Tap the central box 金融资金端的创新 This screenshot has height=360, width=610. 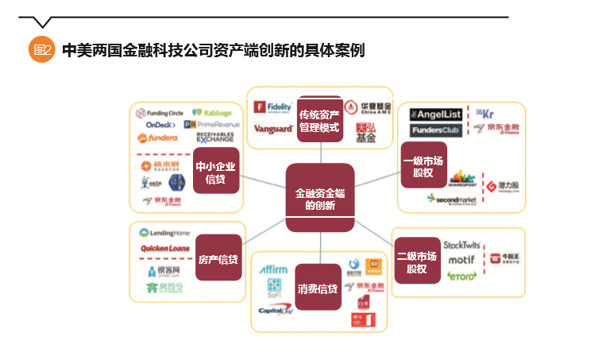coord(319,198)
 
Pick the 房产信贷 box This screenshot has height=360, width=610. coord(218,258)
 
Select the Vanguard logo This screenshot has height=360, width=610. coord(273,129)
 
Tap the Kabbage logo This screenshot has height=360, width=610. coord(212,114)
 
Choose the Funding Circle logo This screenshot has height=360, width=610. coord(160,114)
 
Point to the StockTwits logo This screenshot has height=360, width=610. coord(463,243)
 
